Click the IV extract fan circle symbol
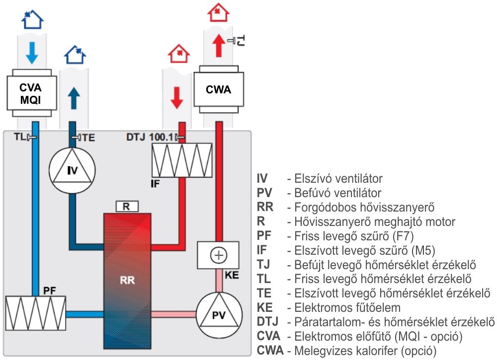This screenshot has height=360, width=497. (73, 170)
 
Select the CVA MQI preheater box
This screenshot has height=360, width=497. (30, 93)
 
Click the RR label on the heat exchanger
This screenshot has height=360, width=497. (127, 280)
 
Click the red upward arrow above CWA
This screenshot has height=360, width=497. (217, 48)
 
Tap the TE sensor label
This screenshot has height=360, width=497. (88, 138)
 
